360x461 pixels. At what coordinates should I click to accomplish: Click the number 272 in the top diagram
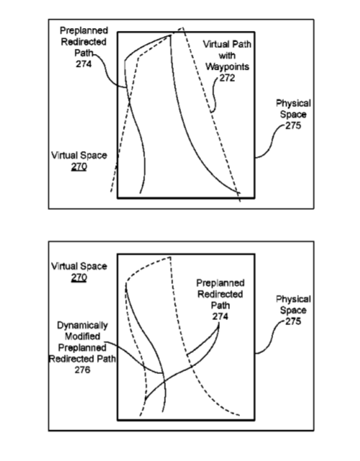227,78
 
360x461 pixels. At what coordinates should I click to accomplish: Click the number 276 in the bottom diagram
82,370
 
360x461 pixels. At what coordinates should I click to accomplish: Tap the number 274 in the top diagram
83,64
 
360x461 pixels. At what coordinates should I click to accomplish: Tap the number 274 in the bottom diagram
220,316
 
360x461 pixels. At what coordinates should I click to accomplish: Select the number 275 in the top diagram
293,126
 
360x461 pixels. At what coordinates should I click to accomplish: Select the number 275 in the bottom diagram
293,321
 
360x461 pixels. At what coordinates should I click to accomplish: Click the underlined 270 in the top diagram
79,167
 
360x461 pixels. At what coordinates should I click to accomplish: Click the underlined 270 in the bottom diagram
79,277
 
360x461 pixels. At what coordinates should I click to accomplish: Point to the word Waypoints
227,67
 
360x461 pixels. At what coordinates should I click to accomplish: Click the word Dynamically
82,326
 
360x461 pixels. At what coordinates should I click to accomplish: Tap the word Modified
83,337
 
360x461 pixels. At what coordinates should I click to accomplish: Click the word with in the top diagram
227,55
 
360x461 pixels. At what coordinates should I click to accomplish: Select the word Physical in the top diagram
293,104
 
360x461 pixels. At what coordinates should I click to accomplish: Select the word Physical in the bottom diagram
293,299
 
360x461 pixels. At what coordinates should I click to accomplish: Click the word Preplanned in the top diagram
84,31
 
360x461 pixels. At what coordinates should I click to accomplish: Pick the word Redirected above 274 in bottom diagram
220,294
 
